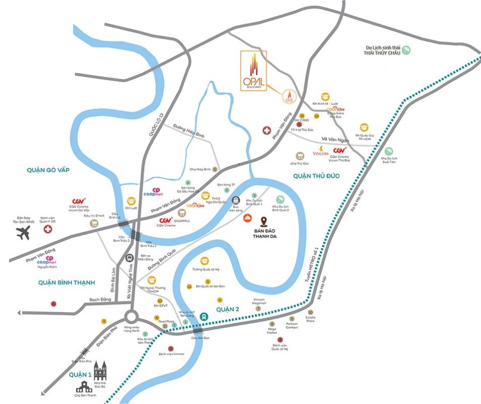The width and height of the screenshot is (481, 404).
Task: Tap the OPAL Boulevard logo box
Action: [x=253, y=70]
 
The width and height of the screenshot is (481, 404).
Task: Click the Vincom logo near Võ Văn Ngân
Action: [x=321, y=151]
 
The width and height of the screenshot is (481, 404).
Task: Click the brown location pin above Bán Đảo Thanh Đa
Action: [x=264, y=221]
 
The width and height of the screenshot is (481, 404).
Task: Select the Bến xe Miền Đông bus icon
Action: [x=130, y=257]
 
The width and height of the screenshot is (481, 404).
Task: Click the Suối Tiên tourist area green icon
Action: [x=389, y=151]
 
